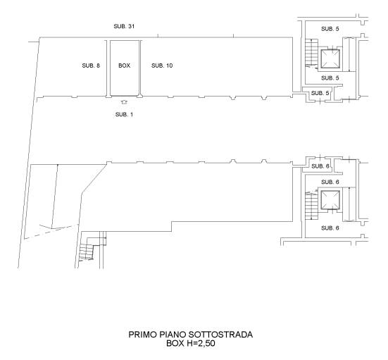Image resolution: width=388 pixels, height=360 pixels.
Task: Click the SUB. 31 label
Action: click(124, 26)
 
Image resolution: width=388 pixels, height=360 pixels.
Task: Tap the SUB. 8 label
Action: click(91, 66)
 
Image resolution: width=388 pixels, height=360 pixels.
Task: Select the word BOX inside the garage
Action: click(124, 66)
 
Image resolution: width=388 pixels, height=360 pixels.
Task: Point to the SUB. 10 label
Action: click(162, 66)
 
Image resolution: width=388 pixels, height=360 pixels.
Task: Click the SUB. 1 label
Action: click(124, 114)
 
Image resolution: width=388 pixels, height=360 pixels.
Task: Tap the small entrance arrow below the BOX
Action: click(124, 101)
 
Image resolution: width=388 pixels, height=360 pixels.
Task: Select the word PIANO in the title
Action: click(173, 335)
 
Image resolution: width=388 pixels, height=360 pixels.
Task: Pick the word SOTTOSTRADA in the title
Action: click(220, 335)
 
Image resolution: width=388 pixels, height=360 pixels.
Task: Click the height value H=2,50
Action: click(201, 343)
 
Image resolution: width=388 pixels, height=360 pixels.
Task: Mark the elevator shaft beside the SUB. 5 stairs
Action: click(330, 58)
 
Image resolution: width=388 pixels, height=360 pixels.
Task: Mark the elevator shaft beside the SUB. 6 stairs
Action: click(330, 200)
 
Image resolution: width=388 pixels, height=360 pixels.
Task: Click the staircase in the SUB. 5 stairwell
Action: click(311, 54)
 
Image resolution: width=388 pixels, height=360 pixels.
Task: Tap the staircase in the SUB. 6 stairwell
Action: click(311, 205)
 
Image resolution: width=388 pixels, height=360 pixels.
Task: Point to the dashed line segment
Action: click(50, 232)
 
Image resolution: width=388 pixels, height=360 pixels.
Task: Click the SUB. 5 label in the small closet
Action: click(320, 93)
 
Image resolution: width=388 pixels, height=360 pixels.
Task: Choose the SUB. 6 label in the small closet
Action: click(320, 166)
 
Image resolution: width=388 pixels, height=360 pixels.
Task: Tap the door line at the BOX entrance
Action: click(124, 96)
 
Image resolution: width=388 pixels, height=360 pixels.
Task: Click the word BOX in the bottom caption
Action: click(175, 343)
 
